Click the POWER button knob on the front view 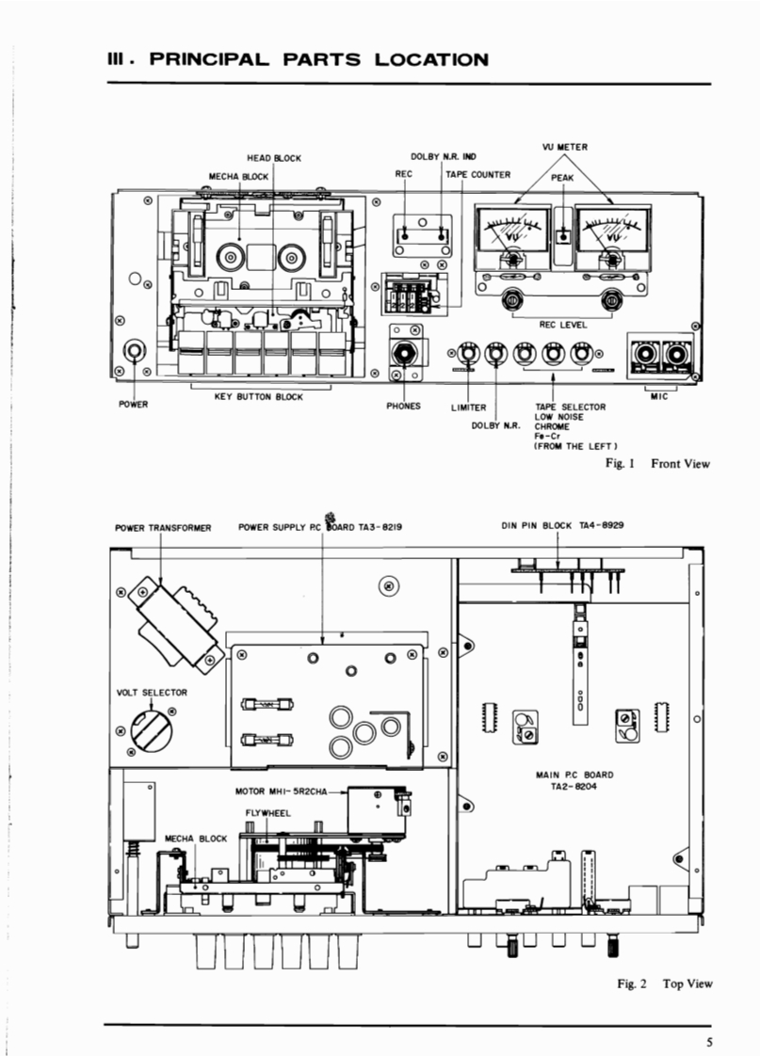[x=135, y=351]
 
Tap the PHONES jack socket [x=404, y=353]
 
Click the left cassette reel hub [x=230, y=257]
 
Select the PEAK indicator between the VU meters [x=563, y=236]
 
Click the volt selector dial [x=151, y=730]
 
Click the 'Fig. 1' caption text [x=620, y=463]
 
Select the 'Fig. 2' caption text [x=631, y=984]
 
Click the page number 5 [x=709, y=1043]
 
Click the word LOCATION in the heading [x=431, y=59]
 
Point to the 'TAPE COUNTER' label [x=478, y=174]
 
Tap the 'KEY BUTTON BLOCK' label [x=259, y=396]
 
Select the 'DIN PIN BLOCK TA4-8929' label [x=562, y=525]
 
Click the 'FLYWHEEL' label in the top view [x=268, y=813]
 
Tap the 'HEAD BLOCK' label [x=274, y=158]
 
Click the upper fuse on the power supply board [x=267, y=704]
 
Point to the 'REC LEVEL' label [x=563, y=325]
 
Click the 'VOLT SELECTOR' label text [x=153, y=693]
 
